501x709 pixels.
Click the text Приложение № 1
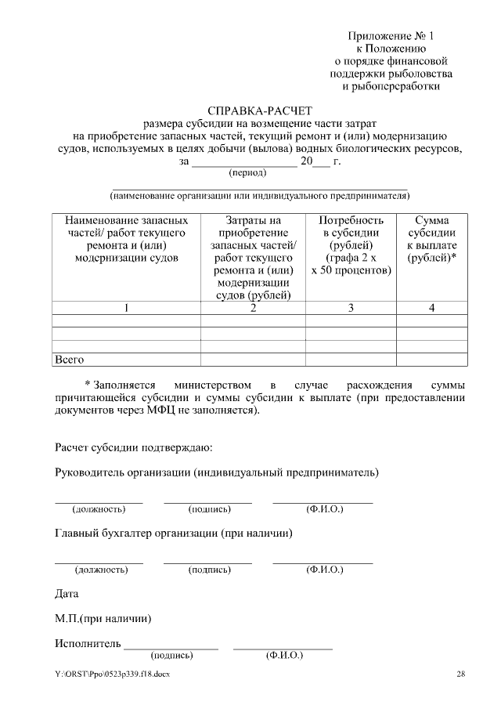pyautogui.click(x=391, y=36)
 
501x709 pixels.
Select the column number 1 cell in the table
pyautogui.click(x=126, y=308)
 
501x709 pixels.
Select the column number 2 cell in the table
pyautogui.click(x=253, y=308)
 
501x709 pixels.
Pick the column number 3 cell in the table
pyautogui.click(x=351, y=308)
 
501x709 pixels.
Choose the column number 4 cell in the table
pyautogui.click(x=432, y=308)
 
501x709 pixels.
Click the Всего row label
pyautogui.click(x=68, y=360)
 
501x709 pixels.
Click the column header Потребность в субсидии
pyautogui.click(x=351, y=245)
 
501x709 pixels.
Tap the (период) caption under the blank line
pyautogui.click(x=247, y=172)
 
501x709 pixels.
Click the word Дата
pyautogui.click(x=67, y=593)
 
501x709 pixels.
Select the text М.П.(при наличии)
pyautogui.click(x=103, y=619)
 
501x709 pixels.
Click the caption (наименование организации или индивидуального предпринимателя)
pyautogui.click(x=259, y=195)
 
